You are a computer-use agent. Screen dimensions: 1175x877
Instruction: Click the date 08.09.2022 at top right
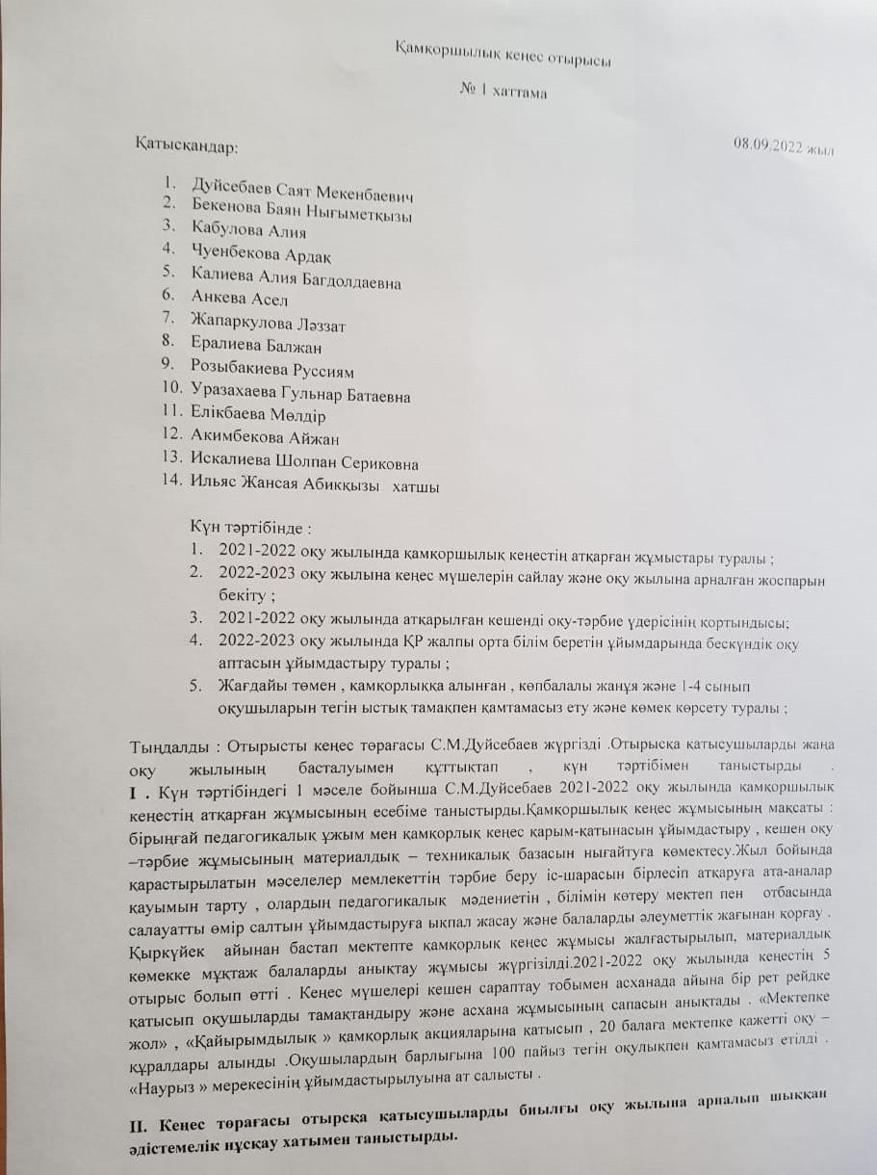(783, 146)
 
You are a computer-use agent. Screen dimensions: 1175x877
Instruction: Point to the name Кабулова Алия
(248, 231)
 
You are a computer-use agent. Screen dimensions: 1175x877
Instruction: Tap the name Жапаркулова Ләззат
(269, 324)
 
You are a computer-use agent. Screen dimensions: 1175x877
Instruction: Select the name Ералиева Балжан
(256, 345)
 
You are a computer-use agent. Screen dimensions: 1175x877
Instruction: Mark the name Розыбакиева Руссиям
(272, 369)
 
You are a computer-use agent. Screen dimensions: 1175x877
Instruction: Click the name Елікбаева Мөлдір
(258, 416)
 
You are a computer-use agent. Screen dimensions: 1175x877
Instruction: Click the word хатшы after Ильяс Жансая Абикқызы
(415, 487)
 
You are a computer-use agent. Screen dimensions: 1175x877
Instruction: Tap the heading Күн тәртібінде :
(253, 529)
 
